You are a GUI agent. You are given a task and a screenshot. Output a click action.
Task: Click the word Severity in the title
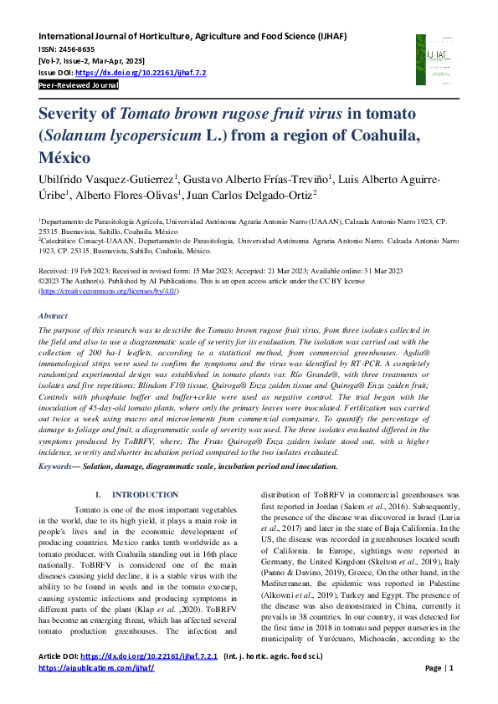pos(76,114)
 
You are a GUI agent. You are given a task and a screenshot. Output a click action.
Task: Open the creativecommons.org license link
pos(109,291)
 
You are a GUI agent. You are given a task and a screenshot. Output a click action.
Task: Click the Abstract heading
pos(54,315)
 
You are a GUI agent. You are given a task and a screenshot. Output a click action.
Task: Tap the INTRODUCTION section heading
pos(145,495)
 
